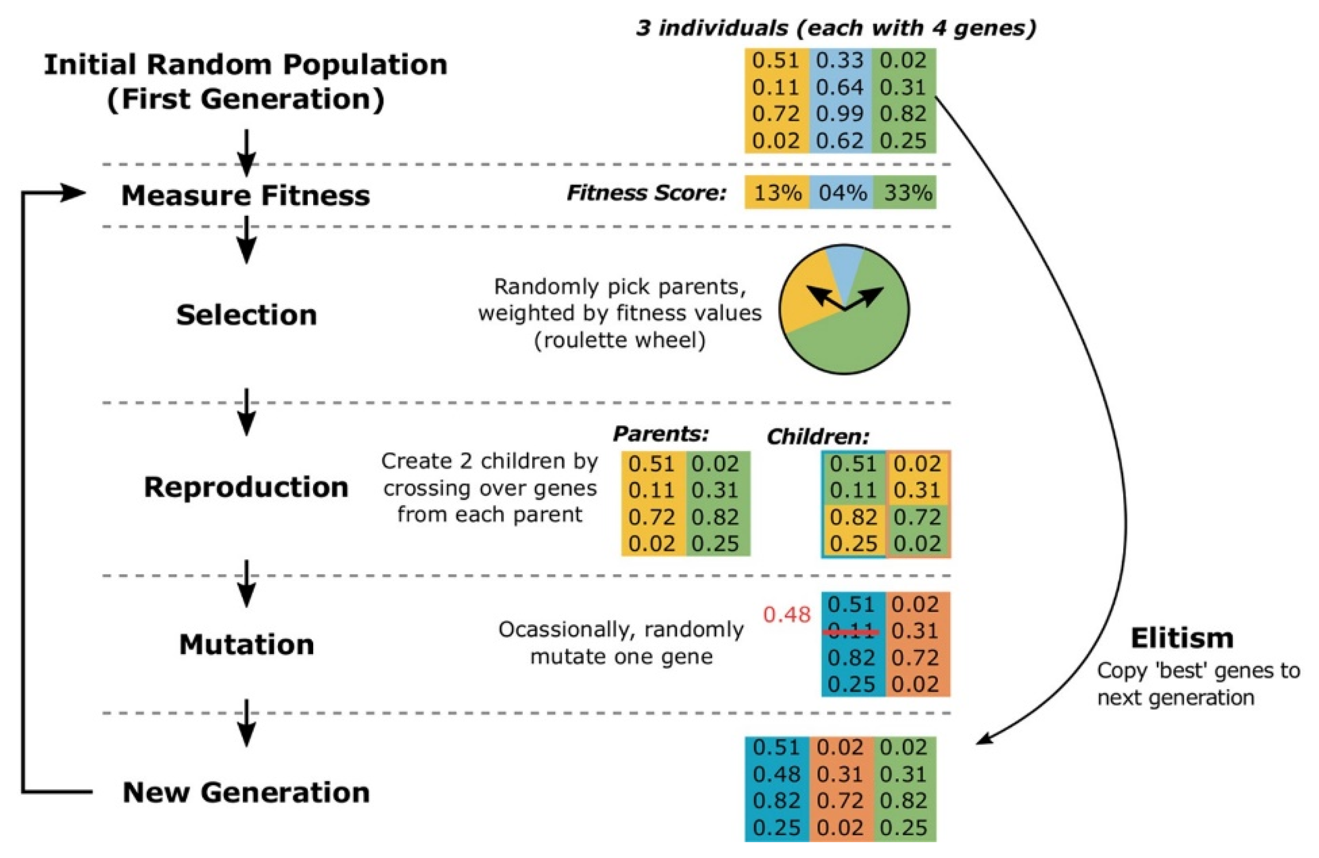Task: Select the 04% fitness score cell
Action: [x=841, y=193]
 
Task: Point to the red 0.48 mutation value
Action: [x=786, y=615]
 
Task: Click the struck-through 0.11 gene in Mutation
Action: [x=852, y=631]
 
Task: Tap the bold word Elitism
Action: [x=1182, y=639]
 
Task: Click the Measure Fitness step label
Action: [x=245, y=196]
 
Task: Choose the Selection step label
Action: [x=247, y=315]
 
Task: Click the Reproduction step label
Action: [x=247, y=488]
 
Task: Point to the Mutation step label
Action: [x=247, y=645]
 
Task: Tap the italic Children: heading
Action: [x=818, y=438]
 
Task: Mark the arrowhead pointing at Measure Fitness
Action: [x=75, y=193]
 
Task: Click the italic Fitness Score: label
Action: [x=646, y=193]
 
